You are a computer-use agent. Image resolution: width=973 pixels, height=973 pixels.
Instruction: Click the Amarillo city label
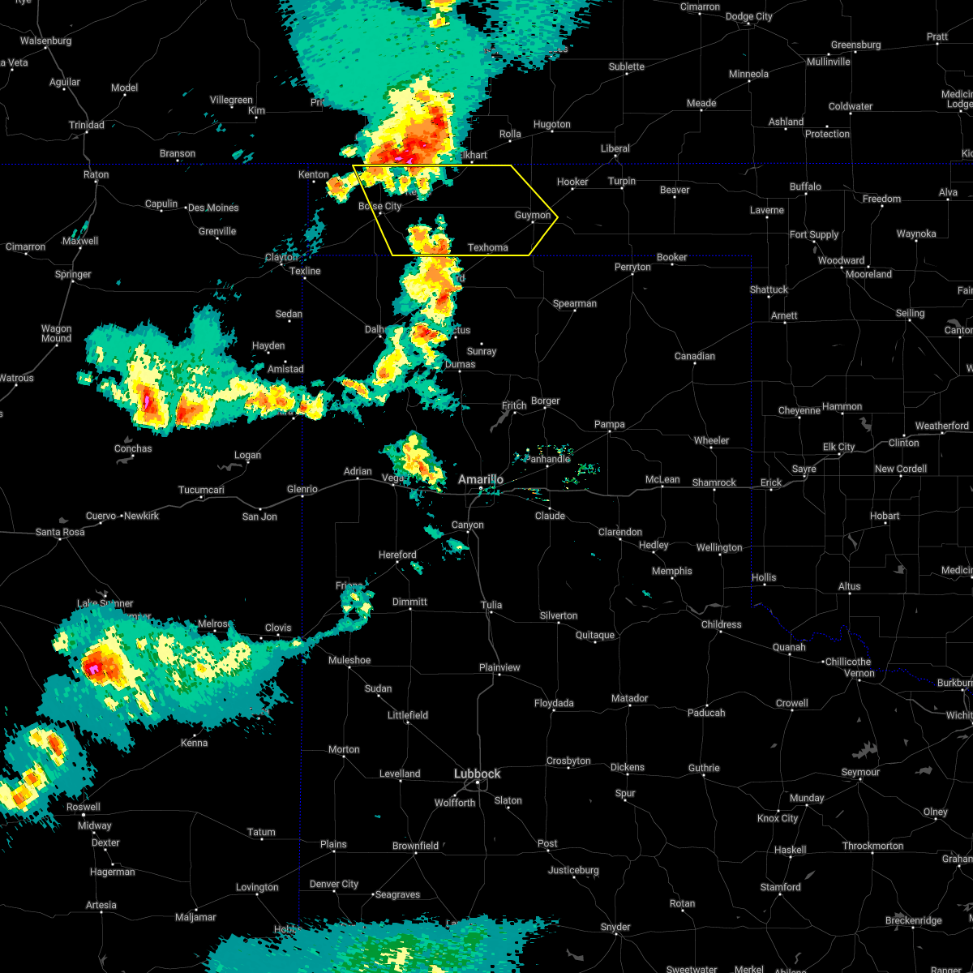point(480,479)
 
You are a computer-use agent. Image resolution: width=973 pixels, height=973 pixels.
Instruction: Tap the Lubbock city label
point(477,774)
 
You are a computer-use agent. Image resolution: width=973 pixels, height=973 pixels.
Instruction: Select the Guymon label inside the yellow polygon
point(533,215)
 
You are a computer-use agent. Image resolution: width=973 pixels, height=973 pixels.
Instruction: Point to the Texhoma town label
point(488,247)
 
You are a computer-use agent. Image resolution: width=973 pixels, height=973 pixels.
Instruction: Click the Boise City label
point(379,206)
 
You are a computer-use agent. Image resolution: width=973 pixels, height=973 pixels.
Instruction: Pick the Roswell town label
point(83,807)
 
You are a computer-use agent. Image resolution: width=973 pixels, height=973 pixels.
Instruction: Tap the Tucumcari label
point(201,490)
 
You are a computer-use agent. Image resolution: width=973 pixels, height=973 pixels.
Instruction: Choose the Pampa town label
point(609,424)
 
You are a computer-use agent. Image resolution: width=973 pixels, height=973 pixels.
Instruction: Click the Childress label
point(721,624)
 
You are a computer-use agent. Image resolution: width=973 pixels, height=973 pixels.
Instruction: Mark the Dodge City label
point(748,16)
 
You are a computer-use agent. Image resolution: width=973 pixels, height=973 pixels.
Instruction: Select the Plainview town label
point(499,667)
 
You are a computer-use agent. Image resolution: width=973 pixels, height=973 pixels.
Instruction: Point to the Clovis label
point(278,628)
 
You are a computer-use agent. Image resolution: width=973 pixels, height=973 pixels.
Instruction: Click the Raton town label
point(96,174)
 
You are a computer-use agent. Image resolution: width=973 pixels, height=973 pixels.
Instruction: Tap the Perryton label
point(632,267)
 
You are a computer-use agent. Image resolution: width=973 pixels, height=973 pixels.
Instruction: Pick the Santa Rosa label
point(60,532)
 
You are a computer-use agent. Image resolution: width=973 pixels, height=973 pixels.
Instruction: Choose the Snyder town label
point(615,927)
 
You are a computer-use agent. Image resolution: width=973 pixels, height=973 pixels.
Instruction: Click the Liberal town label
point(615,148)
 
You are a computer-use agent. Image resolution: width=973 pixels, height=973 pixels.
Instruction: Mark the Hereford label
point(397,555)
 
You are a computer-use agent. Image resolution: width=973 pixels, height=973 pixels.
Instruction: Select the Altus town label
point(849,586)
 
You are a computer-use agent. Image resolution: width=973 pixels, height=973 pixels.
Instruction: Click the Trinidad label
point(86,125)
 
